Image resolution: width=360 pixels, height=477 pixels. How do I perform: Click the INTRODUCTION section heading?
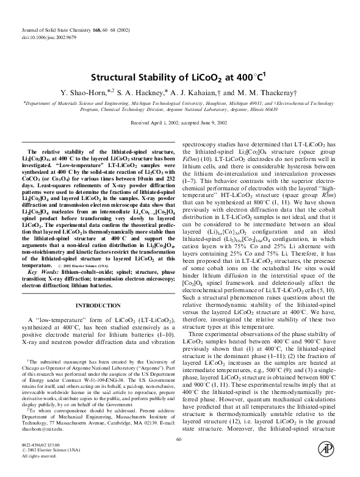point(98,304)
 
